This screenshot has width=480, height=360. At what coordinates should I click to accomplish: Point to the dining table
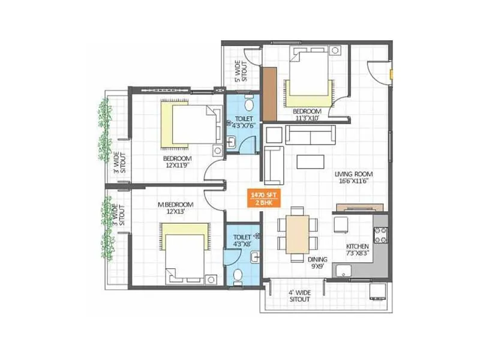(298, 234)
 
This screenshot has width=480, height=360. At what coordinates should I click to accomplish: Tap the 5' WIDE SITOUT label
(240, 70)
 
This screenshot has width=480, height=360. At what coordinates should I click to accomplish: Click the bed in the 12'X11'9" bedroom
(187, 124)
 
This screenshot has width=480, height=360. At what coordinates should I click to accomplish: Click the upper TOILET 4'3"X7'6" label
(244, 122)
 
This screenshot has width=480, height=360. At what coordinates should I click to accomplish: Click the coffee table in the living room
(311, 163)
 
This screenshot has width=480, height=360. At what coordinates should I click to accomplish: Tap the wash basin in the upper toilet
(232, 142)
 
